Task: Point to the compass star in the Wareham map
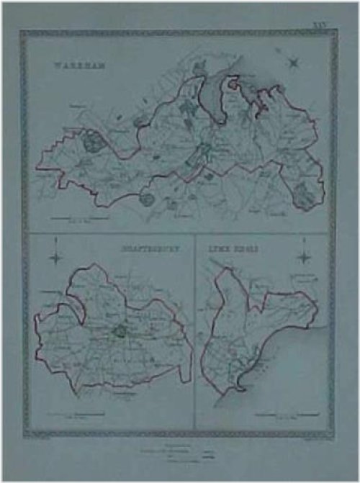pyautogui.click(x=294, y=63)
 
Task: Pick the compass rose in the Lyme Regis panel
pyautogui.click(x=305, y=256)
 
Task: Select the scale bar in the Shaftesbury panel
pyautogui.click(x=79, y=413)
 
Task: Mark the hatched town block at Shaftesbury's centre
pyautogui.click(x=120, y=332)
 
